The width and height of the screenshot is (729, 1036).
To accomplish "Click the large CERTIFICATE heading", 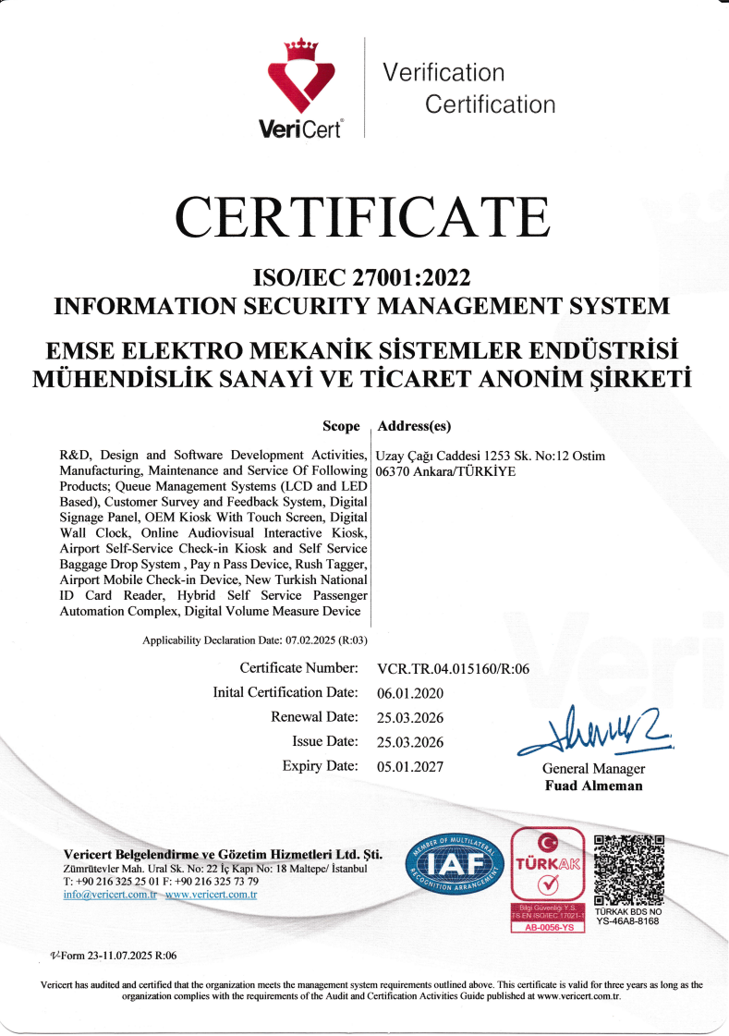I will tap(362, 216).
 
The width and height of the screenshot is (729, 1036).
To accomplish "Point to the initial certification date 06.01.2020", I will tap(410, 693).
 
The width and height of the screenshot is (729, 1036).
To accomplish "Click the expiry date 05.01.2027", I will tap(410, 766).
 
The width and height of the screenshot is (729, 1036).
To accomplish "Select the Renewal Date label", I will tap(313, 717).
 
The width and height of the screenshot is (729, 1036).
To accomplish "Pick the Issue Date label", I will tap(324, 741).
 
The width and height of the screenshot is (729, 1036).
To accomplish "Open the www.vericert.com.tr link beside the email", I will tap(211, 895).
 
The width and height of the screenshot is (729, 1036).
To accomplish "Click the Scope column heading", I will tap(341, 426).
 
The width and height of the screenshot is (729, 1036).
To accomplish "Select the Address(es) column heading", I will tap(414, 426).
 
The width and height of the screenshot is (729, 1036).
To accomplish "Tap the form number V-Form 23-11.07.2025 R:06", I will tap(112, 956).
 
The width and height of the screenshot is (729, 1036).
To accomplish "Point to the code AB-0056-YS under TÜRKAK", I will tap(548, 927).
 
